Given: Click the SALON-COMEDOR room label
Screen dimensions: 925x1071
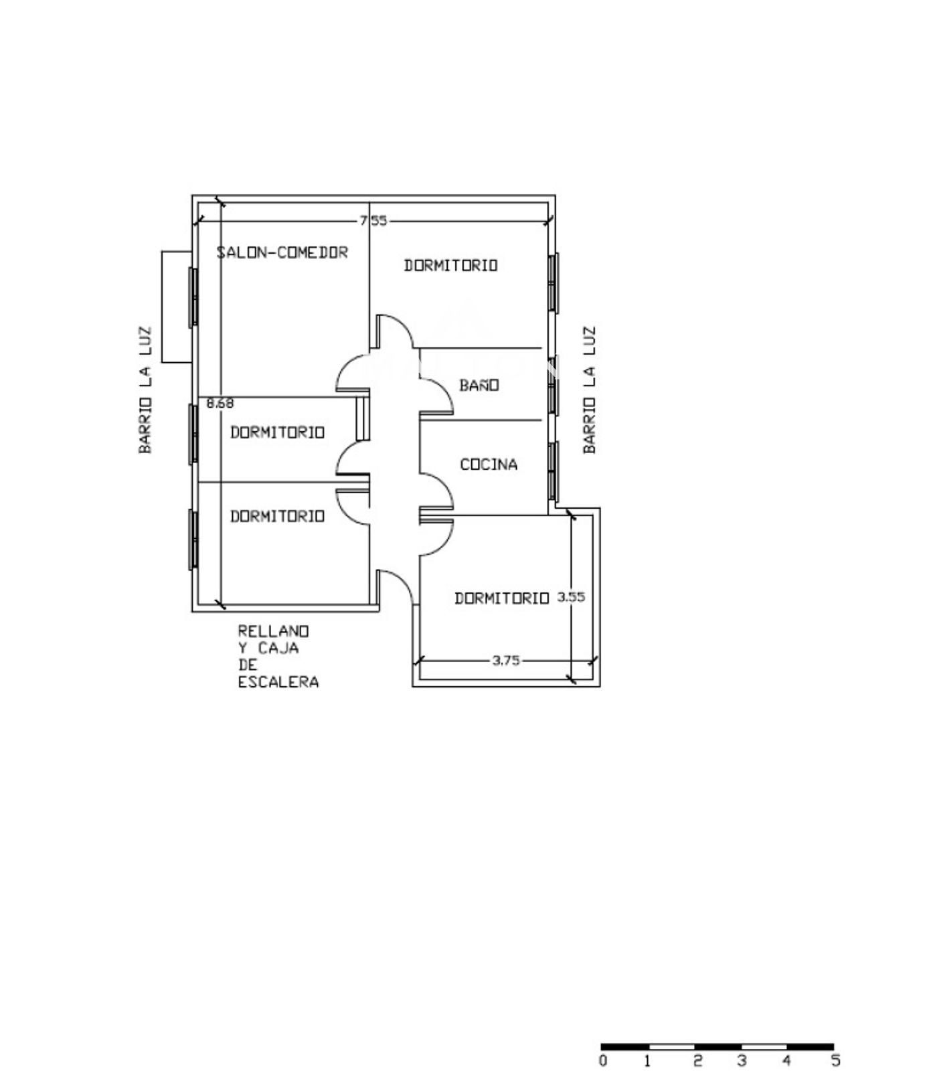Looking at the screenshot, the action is pos(282,252).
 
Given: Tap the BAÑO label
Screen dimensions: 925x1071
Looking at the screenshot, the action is pos(479,385).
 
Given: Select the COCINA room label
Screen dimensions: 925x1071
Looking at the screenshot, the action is pos(489,464).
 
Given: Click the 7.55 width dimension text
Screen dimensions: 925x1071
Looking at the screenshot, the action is pos(373,220).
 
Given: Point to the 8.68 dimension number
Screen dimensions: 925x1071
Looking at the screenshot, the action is pos(220,403).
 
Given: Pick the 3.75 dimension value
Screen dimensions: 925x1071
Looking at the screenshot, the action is pos(506,660).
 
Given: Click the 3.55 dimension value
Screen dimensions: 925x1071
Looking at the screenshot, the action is pos(571,597).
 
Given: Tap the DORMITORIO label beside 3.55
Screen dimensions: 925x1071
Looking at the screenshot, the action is pos(501,598).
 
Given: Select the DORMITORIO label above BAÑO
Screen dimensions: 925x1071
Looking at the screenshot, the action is pos(450,265).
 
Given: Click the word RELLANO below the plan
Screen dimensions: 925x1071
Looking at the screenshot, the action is pos(274,631).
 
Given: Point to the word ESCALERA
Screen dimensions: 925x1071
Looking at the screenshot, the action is pos(278,682).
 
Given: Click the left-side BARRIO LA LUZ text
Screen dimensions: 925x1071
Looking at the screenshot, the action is pos(145,390).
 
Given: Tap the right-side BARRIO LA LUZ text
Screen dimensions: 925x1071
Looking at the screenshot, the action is pos(589,390).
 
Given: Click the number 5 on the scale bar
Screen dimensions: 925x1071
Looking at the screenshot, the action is pos(835,1060).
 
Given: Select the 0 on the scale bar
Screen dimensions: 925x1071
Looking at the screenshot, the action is pos(603,1060).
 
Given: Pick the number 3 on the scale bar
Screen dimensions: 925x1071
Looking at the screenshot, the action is pos(742,1060).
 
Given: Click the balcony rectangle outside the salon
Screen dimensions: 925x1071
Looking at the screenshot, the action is pos(162,307).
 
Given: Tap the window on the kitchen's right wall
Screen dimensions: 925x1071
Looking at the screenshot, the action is pos(553,471).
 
